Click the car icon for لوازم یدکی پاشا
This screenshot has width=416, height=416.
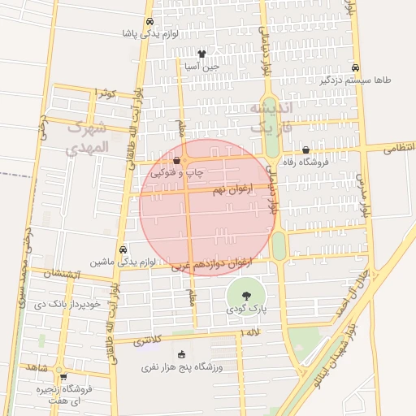149,22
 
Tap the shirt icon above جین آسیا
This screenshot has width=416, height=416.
201,54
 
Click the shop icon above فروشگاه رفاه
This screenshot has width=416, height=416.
305,149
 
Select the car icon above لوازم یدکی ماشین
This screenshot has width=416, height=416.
123,249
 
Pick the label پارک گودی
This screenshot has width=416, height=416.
245,309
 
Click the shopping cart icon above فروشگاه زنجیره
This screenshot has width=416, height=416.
63,377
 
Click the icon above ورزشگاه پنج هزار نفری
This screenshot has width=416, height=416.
181,353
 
